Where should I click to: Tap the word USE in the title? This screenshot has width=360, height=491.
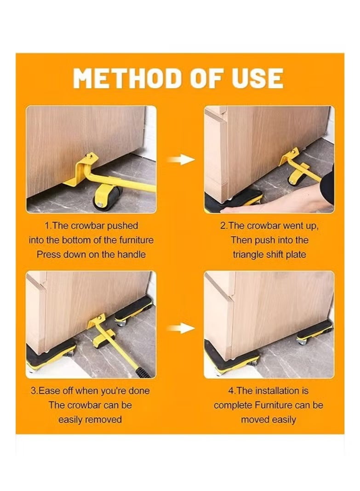[x=257, y=78]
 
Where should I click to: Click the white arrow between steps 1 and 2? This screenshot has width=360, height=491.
[x=181, y=160]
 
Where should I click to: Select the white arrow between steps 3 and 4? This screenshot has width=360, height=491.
[x=181, y=328]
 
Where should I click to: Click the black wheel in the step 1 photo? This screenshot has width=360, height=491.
[x=108, y=198]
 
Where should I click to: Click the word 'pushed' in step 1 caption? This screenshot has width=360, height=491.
[x=123, y=226]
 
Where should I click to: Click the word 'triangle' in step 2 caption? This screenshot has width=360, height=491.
[x=248, y=255]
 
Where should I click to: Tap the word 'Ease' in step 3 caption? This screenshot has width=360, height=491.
[x=49, y=391]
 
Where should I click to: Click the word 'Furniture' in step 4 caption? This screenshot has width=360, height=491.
[x=273, y=405]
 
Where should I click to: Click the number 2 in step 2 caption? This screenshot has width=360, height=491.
[x=223, y=226]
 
